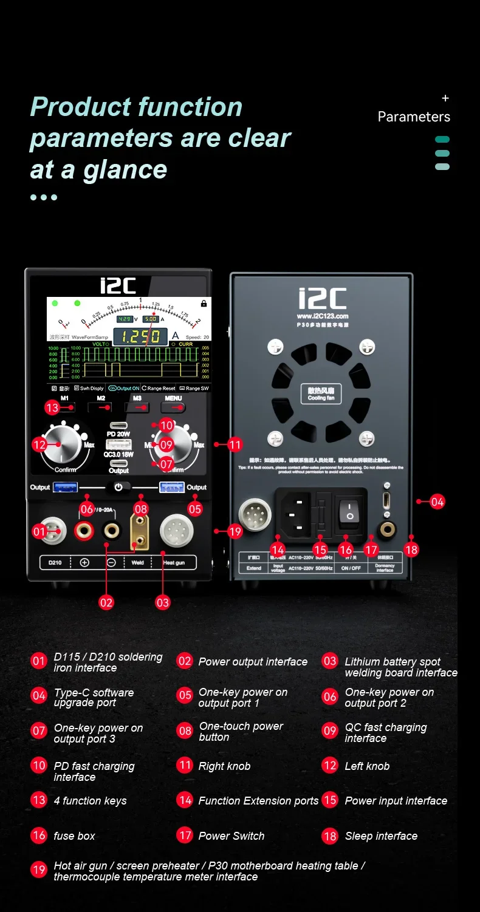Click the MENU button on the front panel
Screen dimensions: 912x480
[x=173, y=407]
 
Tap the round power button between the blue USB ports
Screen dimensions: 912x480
[x=118, y=487]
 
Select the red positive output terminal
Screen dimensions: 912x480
[x=83, y=531]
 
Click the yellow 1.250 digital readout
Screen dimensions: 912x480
[x=140, y=336]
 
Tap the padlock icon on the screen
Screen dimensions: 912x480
[x=204, y=303]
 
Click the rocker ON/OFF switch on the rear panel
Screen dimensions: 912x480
[x=350, y=511]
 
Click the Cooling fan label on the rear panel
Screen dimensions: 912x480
[x=321, y=394]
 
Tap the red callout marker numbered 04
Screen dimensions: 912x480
[x=437, y=502]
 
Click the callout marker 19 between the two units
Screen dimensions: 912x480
[x=235, y=531]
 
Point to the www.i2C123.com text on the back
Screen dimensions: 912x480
[x=322, y=316]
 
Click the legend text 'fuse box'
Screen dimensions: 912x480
[x=74, y=836]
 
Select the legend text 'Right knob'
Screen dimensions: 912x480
[x=224, y=766]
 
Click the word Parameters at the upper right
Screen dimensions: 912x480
[x=414, y=117]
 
